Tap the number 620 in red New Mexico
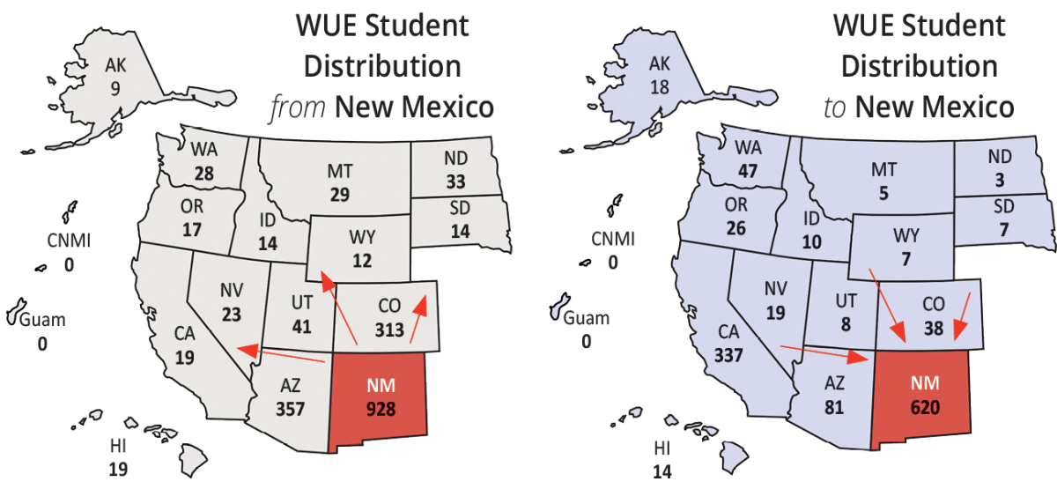pyautogui.click(x=923, y=407)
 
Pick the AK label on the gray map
pyautogui.click(x=115, y=65)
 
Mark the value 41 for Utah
pyautogui.click(x=300, y=324)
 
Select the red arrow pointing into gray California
pyautogui.click(x=282, y=355)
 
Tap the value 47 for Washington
pyautogui.click(x=746, y=172)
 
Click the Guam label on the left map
pyautogui.click(x=43, y=320)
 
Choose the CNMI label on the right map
pyautogui.click(x=611, y=240)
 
